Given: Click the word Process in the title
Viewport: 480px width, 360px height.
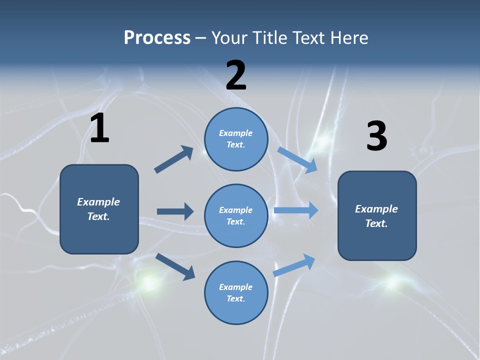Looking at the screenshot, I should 157,38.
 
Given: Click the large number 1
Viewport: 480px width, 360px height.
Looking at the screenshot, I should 99,128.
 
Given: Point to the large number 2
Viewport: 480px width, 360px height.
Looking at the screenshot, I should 236,75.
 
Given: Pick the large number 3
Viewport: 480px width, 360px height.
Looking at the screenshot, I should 376,136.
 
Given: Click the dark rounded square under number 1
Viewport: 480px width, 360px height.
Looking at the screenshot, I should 99,235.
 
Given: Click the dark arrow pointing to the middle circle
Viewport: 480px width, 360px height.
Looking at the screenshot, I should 175,211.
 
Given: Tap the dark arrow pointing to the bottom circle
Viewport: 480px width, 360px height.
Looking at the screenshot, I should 175,266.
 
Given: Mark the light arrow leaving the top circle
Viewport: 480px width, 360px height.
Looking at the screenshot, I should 297,160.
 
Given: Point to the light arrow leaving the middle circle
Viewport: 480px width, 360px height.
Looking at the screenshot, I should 296,210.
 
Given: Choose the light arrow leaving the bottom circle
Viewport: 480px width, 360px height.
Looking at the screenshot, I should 294,265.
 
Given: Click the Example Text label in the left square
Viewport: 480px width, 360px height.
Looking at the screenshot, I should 98,209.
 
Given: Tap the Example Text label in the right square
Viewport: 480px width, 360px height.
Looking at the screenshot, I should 376,216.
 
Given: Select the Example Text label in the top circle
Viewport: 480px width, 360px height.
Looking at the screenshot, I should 236,138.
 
